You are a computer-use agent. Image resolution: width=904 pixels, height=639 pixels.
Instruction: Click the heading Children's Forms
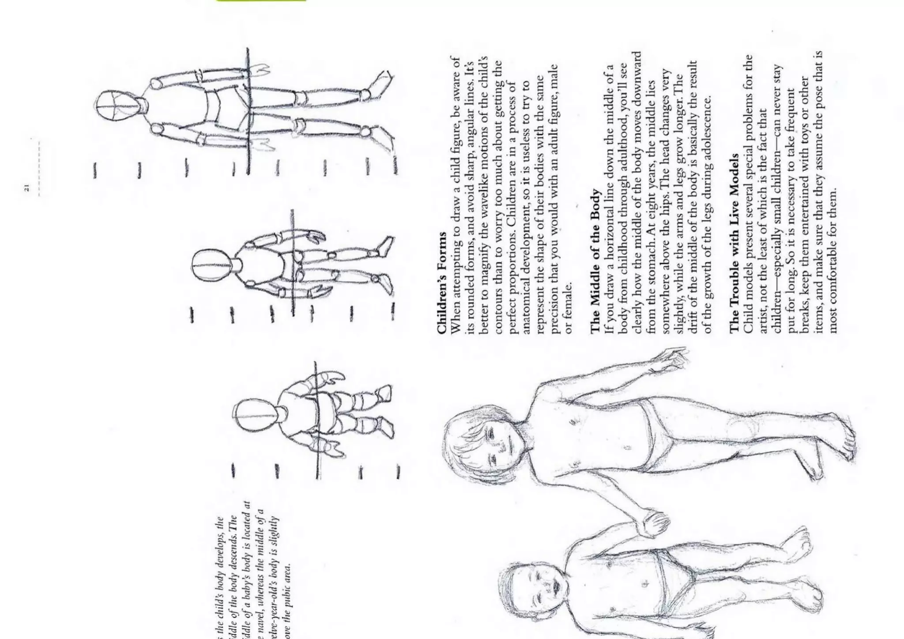[442, 283]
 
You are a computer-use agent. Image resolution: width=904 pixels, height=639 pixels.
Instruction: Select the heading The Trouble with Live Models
[734, 242]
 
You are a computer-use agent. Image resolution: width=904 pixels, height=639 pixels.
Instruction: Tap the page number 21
[27, 187]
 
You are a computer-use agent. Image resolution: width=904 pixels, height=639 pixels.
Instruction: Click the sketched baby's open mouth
[557, 587]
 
